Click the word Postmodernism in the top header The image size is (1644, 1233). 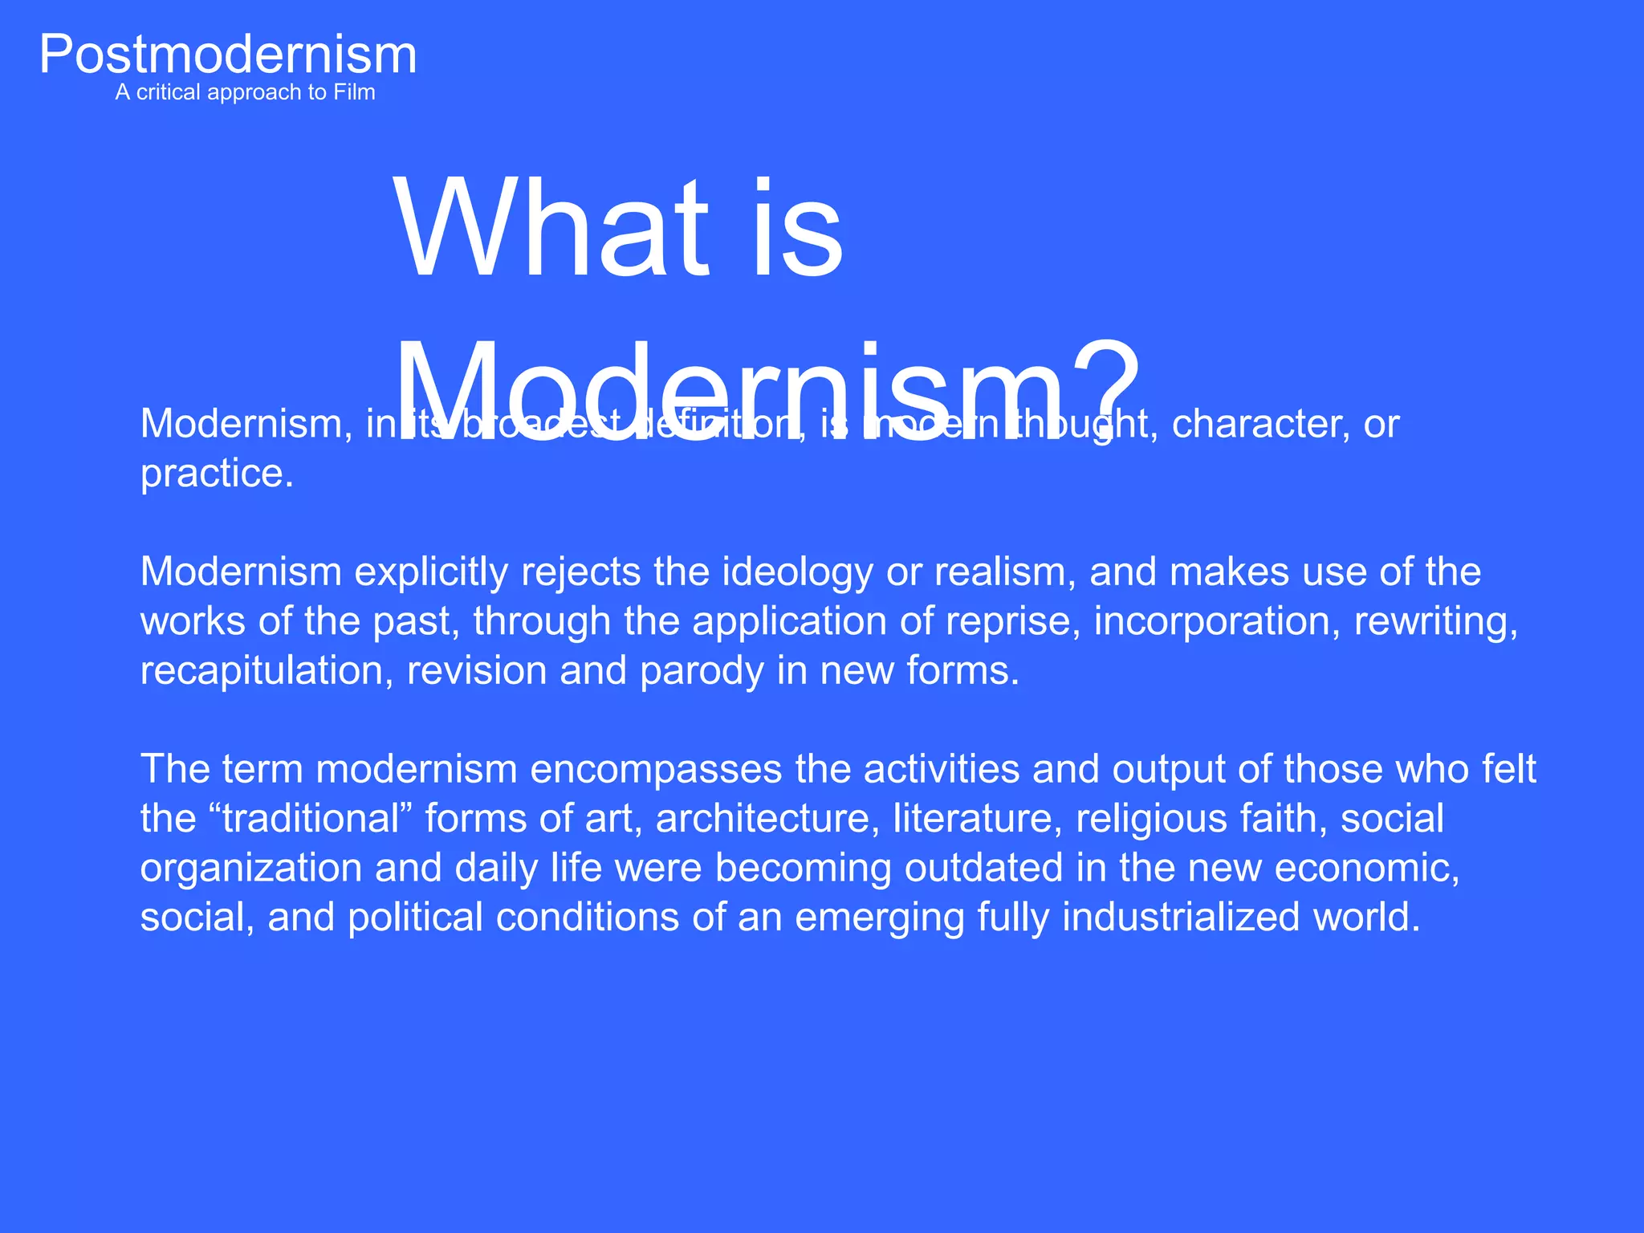click(228, 55)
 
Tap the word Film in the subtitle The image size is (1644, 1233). click(354, 92)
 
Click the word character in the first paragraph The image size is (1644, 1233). click(1260, 424)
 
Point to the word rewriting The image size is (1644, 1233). click(1435, 621)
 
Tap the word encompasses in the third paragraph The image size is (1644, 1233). click(656, 769)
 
